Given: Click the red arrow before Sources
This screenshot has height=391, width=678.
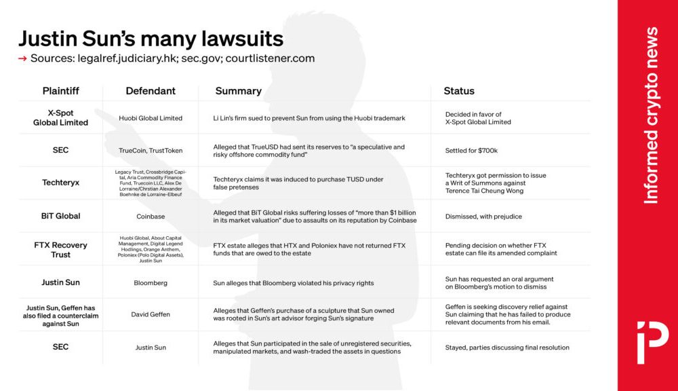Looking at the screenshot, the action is click(23, 58).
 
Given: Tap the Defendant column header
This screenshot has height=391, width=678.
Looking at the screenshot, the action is click(151, 91).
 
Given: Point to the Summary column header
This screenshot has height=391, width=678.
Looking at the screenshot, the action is click(238, 91).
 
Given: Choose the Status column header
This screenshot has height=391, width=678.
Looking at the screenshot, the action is click(459, 91).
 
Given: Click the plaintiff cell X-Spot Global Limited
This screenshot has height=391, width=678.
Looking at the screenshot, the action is click(60, 118).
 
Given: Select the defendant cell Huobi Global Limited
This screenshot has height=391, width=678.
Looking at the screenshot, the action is click(151, 118).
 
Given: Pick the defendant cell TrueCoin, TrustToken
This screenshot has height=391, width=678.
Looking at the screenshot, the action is click(151, 151).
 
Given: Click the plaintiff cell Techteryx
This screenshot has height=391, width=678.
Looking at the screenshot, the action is click(60, 183).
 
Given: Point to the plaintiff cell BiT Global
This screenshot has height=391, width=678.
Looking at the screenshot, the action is click(60, 216).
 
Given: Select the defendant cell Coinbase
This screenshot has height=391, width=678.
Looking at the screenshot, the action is click(151, 216).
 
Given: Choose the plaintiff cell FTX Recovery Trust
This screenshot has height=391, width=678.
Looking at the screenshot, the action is click(60, 250).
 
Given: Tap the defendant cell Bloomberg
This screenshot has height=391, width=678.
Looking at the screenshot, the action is click(151, 282).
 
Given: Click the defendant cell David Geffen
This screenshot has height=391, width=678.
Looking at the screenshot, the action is click(151, 314).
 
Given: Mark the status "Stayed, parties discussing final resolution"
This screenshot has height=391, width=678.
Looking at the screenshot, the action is click(507, 348).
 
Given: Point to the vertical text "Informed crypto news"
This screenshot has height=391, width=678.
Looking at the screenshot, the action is click(651, 115).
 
